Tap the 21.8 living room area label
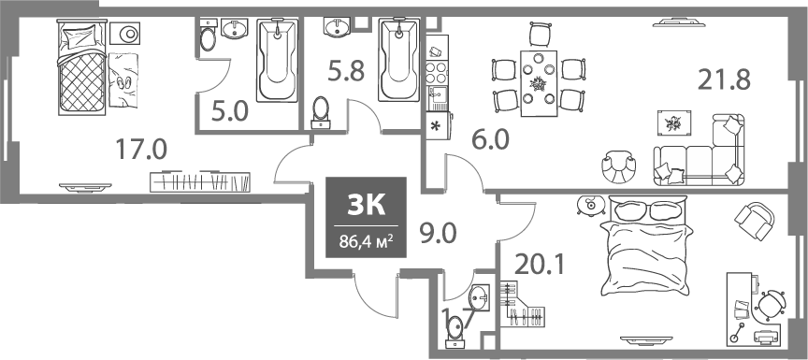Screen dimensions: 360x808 pos(724,80)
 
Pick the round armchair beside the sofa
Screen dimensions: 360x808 pos(618,166)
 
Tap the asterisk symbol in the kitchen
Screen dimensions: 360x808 pos(436,126)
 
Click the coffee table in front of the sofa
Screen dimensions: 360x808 pos(672,122)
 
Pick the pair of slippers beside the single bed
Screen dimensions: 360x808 pos(123,81)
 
